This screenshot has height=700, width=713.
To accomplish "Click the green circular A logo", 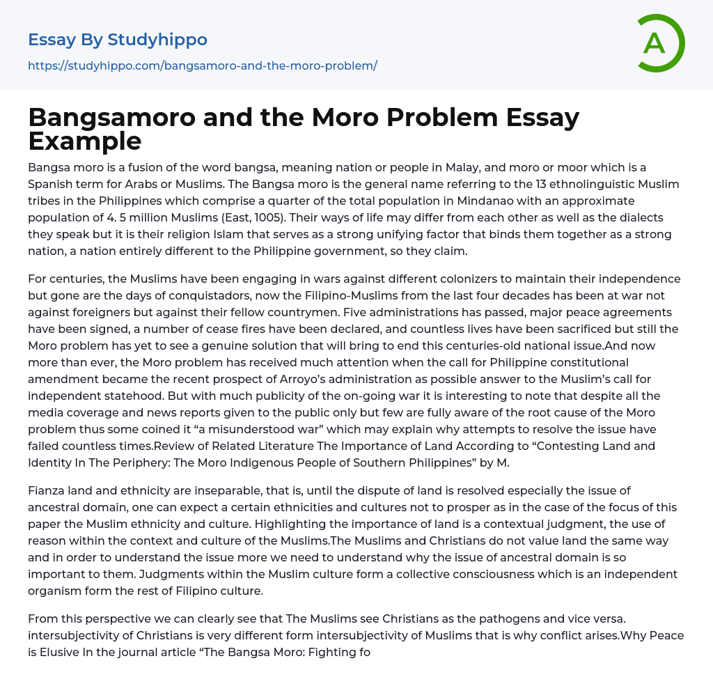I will (660, 43).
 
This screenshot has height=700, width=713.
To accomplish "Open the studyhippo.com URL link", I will (202, 65).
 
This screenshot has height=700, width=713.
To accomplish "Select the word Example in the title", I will (84, 141).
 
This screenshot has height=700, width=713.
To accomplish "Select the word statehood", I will (119, 396).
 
